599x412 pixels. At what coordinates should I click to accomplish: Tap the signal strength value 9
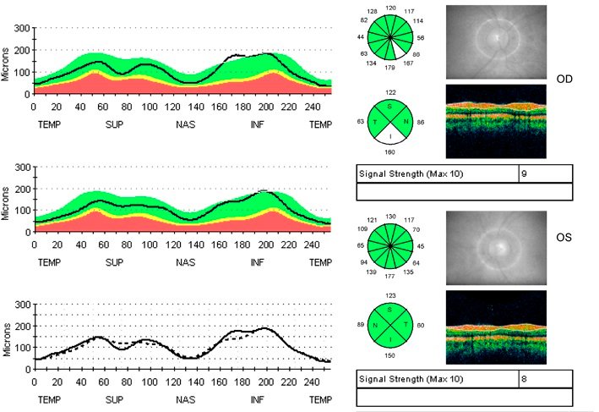pos(525,174)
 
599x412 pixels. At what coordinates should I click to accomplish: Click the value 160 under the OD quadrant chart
pos(390,153)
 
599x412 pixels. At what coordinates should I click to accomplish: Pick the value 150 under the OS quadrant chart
pos(390,356)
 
